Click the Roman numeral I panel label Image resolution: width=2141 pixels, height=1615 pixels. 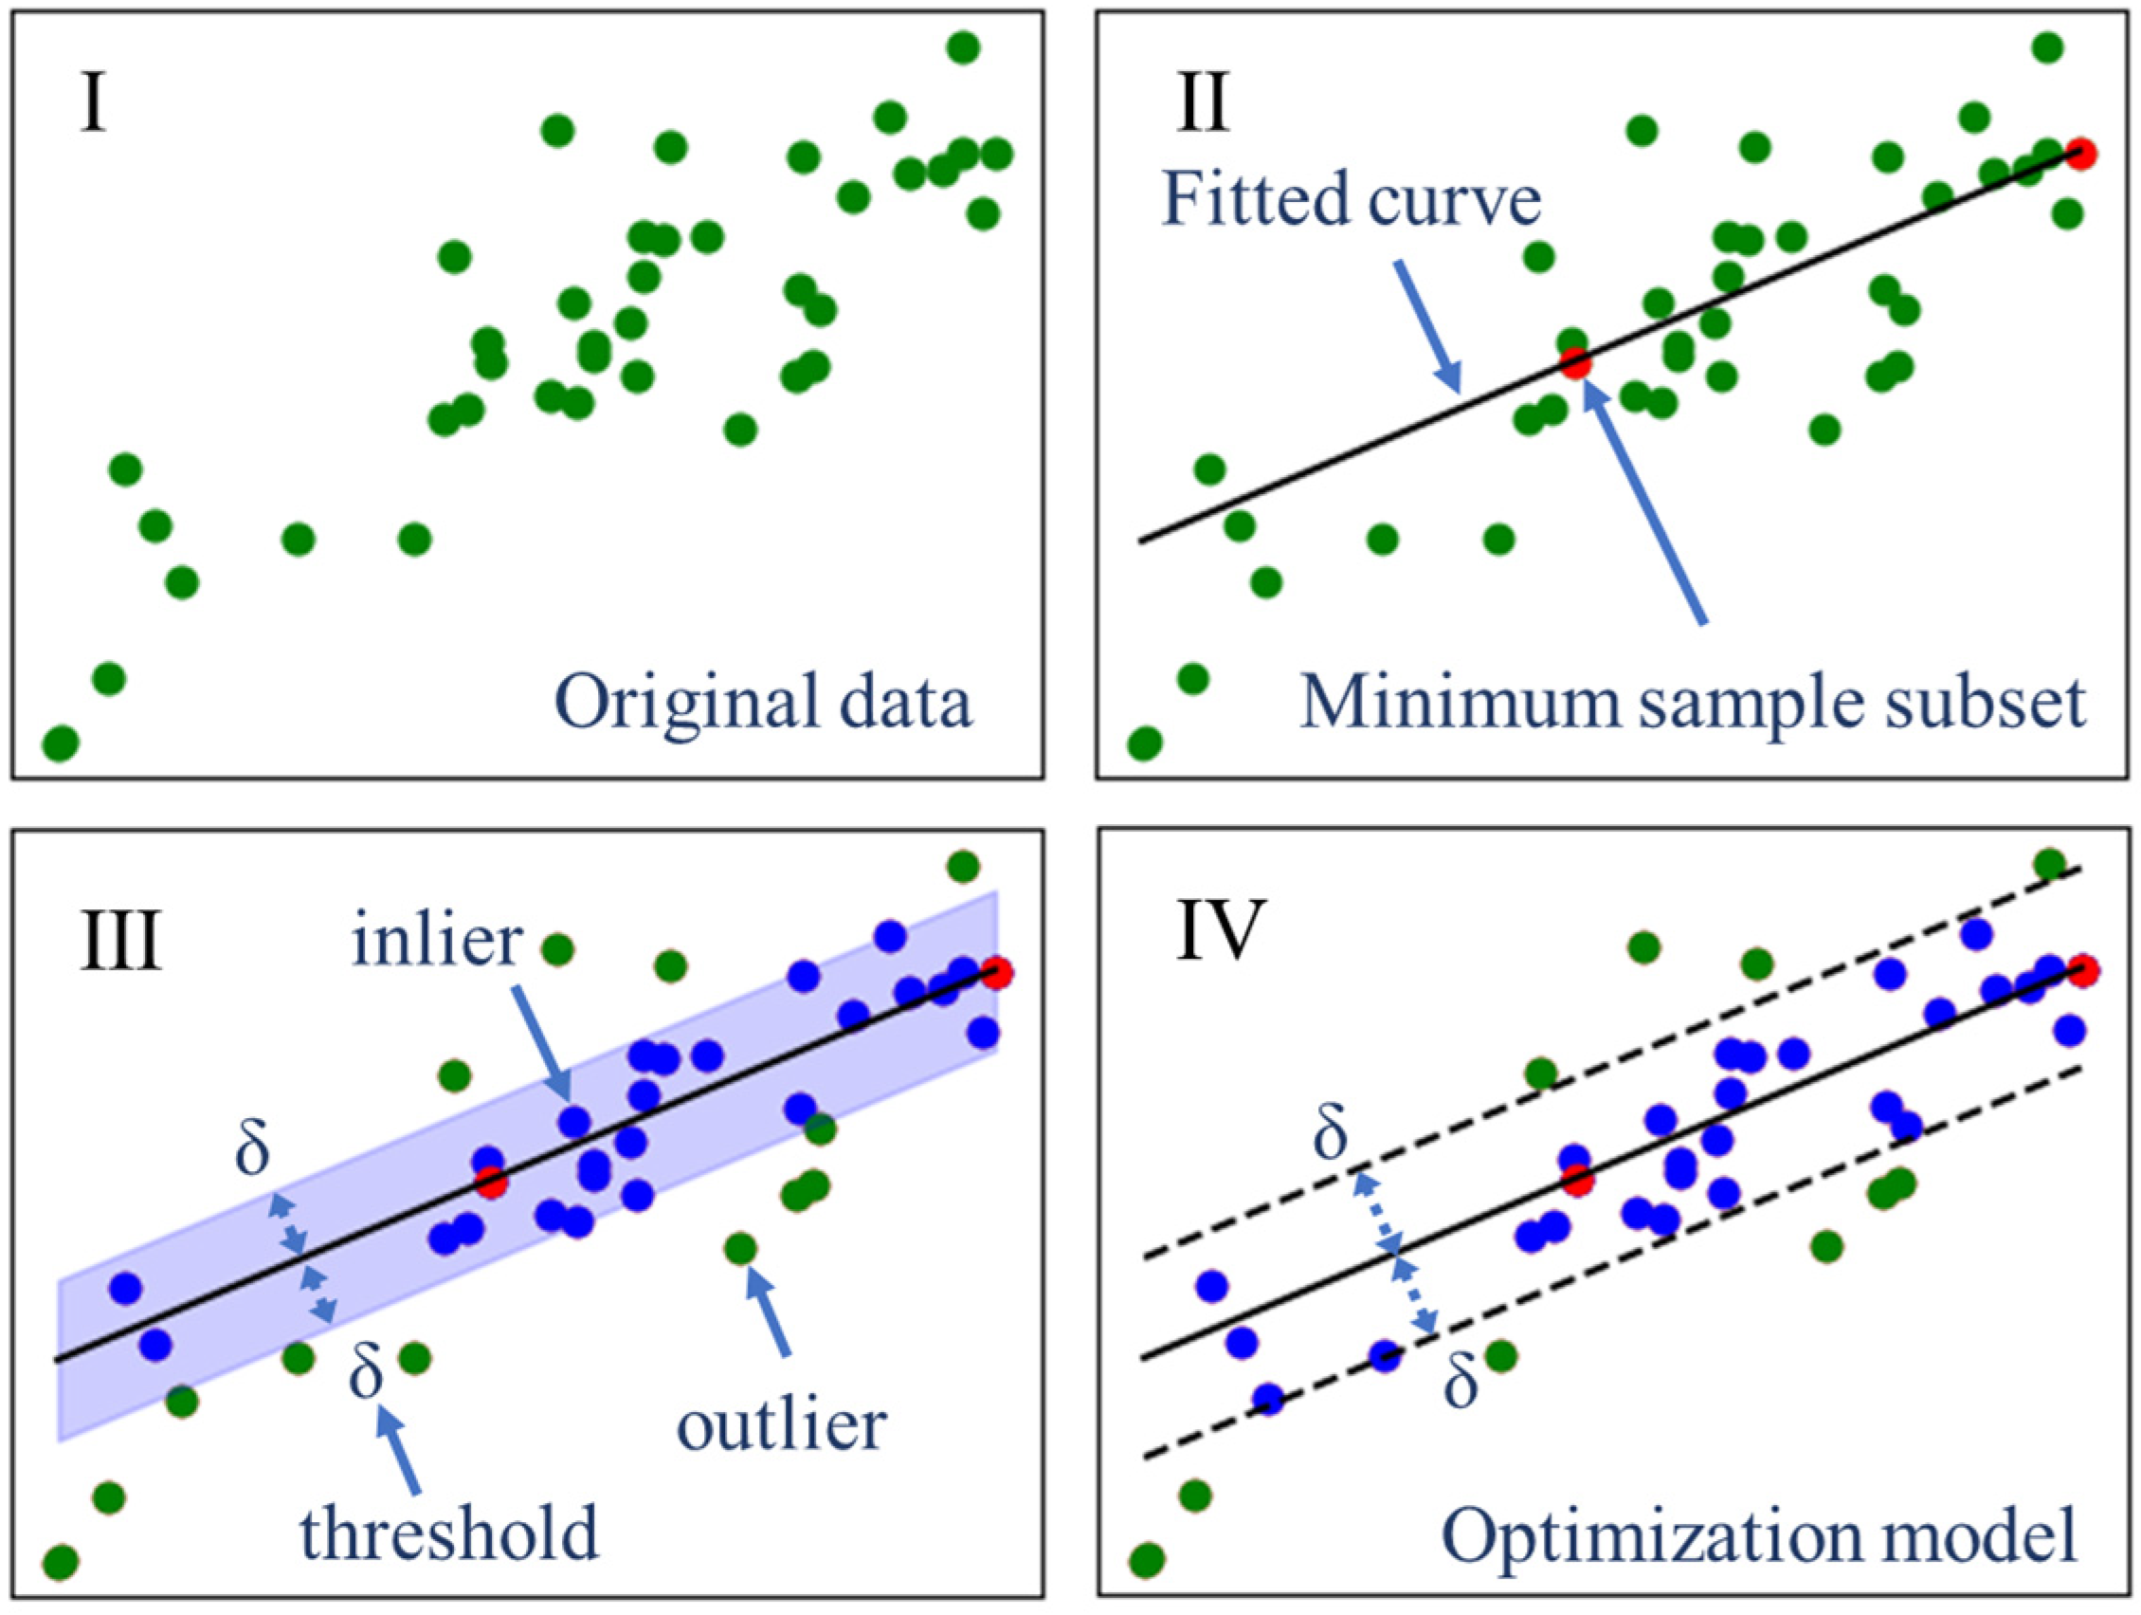click(93, 104)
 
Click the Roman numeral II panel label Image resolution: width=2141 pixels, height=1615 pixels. click(1203, 104)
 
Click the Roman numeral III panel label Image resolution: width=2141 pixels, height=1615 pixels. click(120, 940)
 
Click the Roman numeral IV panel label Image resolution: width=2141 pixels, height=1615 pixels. click(1221, 930)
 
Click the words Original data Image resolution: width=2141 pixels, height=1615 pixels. click(763, 703)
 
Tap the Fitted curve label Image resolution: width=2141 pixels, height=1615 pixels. click(1352, 199)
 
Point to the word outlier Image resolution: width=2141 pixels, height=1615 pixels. click(781, 1425)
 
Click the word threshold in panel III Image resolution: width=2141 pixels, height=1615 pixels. click(449, 1533)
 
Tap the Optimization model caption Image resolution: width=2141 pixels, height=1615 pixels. click(1761, 1535)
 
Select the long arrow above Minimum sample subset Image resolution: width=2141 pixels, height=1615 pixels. click(1645, 504)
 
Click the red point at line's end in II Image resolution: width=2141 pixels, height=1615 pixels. click(2080, 153)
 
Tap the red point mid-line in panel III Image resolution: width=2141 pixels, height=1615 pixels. click(491, 1183)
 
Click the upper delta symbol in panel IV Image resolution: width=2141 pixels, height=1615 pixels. click(1331, 1134)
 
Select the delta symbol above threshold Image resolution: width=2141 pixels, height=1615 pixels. click(366, 1371)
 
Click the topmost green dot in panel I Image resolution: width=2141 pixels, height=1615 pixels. click(963, 46)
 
